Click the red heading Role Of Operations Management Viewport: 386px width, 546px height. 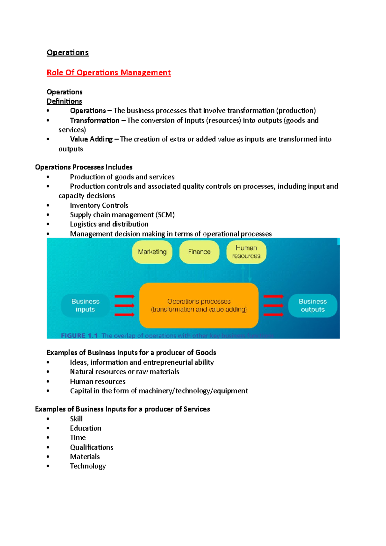[x=108, y=73]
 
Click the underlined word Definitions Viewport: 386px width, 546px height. [x=64, y=102]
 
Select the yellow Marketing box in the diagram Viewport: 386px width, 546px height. [x=152, y=252]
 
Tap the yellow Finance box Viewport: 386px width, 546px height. [x=199, y=252]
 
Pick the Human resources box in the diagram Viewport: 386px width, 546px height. [x=246, y=252]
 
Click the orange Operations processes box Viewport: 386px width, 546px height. [x=199, y=305]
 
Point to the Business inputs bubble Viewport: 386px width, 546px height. [x=85, y=305]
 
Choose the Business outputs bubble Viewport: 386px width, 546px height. [x=313, y=305]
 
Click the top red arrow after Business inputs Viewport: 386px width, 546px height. [x=124, y=296]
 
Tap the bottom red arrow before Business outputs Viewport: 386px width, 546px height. [x=273, y=314]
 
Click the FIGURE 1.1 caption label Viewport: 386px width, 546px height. [x=79, y=336]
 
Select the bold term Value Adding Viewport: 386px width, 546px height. [x=91, y=139]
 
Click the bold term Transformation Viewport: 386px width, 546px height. [x=95, y=121]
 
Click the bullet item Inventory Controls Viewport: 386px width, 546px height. [x=99, y=205]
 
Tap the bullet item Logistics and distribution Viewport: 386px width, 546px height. [x=109, y=224]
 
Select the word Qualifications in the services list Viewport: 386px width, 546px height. [x=92, y=447]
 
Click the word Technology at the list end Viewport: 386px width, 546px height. [x=88, y=466]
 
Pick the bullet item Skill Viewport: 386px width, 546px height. [x=76, y=419]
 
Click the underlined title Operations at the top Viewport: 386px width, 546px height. [x=68, y=53]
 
